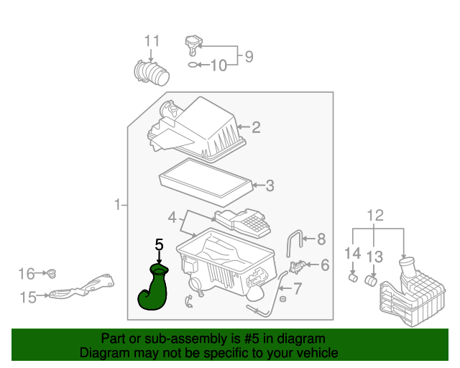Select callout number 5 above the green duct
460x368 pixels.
click(159, 245)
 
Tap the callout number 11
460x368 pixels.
click(152, 41)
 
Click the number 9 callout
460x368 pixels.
click(249, 56)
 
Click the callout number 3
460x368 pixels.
click(270, 186)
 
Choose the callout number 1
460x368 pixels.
click(117, 206)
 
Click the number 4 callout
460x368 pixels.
click(172, 216)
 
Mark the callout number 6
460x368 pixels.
click(325, 265)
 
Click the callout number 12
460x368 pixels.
click(375, 215)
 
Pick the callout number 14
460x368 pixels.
click(352, 253)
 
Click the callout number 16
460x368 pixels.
click(27, 273)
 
